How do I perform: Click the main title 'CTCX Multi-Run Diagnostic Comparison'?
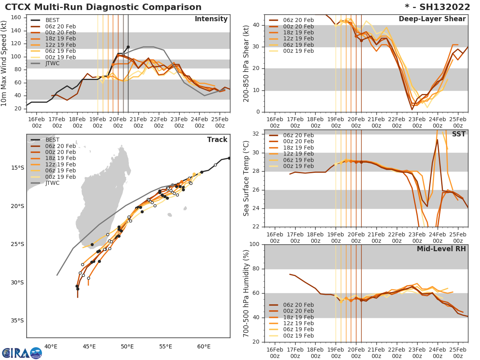103,7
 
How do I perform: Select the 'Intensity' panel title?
211,19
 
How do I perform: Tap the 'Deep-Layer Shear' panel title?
432,19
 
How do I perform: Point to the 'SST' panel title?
459,134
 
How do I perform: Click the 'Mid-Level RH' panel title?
441,249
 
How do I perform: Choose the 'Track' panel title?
217,140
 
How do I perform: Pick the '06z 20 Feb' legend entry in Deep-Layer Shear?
298,20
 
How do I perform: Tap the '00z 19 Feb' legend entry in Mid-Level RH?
298,336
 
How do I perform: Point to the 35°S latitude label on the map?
17,320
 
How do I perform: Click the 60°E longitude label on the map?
204,346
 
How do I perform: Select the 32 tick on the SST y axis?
257,134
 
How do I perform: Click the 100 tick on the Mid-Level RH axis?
255,244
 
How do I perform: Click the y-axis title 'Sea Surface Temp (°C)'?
246,178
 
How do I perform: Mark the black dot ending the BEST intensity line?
128,47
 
